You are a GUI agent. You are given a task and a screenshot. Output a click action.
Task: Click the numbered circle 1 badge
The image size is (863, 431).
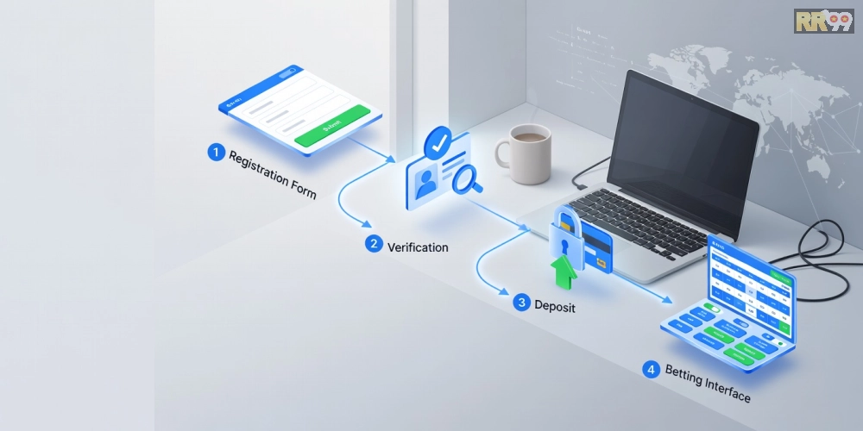(x=216, y=153)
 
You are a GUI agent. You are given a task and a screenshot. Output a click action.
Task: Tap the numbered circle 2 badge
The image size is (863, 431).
(x=373, y=244)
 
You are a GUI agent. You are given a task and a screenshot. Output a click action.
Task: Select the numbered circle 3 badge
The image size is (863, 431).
(x=520, y=303)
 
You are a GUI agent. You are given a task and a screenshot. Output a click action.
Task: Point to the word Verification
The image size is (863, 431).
(x=418, y=247)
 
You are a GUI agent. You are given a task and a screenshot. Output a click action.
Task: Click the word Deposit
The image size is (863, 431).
(x=555, y=306)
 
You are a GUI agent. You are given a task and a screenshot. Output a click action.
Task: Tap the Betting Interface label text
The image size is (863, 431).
(x=708, y=384)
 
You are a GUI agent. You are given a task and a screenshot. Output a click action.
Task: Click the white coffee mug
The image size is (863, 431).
(x=527, y=153)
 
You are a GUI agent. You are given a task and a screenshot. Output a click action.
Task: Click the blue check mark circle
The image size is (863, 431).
(x=441, y=141)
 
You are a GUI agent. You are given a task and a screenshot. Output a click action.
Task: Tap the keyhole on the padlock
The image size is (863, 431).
(x=564, y=247)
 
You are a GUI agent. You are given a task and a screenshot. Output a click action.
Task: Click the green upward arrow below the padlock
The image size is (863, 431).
(x=564, y=274)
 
